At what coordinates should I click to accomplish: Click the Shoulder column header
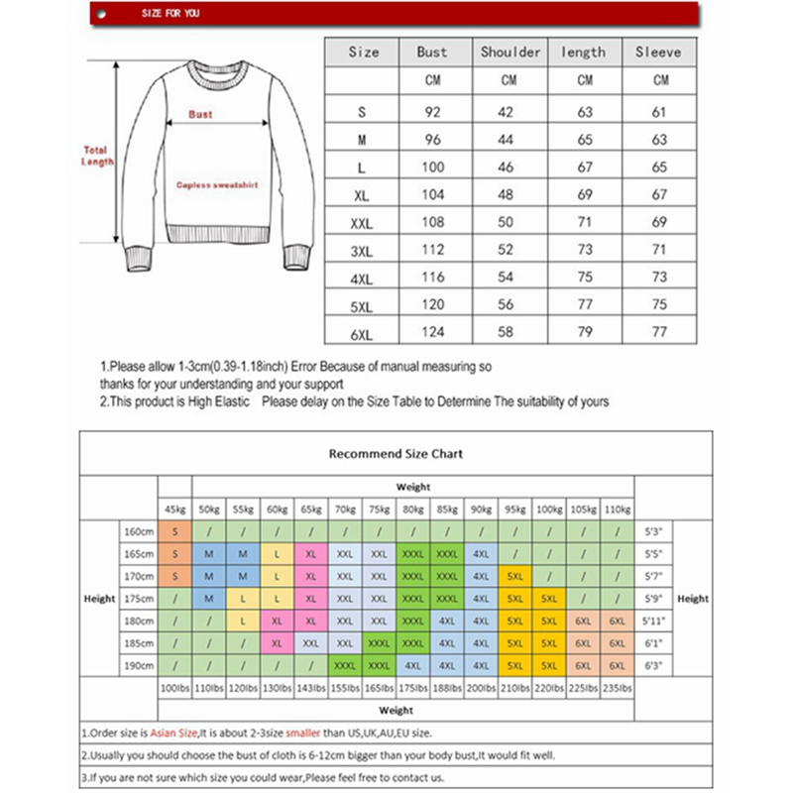(x=510, y=52)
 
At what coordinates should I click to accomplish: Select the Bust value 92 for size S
(x=432, y=114)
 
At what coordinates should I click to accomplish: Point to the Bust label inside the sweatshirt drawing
(x=200, y=114)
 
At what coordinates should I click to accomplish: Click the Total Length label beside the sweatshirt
(x=97, y=156)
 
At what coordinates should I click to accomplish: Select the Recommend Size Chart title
(x=396, y=454)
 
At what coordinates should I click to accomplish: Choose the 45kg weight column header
(x=175, y=509)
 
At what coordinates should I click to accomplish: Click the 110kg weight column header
(x=617, y=509)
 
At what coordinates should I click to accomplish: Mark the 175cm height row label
(x=138, y=599)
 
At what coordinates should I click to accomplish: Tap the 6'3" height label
(x=653, y=664)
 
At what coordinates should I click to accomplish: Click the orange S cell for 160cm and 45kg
(x=175, y=532)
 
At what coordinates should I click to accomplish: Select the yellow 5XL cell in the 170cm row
(x=514, y=576)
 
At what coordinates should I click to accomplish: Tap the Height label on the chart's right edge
(x=693, y=599)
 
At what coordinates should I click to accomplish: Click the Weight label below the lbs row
(x=396, y=710)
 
